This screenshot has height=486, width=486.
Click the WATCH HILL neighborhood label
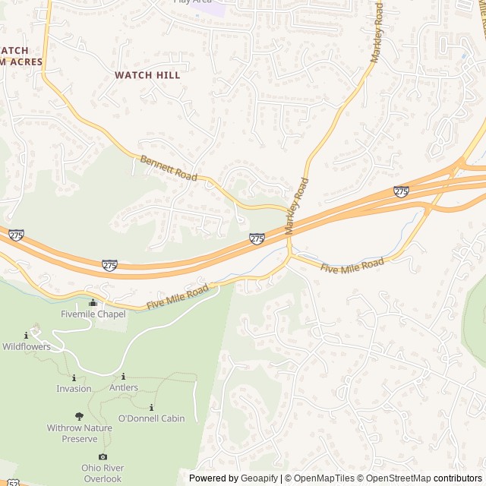[147, 75]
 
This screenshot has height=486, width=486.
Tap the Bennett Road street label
[169, 168]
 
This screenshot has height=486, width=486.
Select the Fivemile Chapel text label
[93, 314]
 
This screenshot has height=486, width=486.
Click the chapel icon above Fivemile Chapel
[93, 303]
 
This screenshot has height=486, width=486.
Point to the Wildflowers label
[27, 346]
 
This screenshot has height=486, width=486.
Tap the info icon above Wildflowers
[27, 336]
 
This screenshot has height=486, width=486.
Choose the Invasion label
[74, 389]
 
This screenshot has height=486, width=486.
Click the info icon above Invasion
[74, 377]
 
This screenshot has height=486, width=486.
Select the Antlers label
[124, 387]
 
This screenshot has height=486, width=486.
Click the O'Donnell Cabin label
[152, 418]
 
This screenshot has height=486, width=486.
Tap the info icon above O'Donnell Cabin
[152, 407]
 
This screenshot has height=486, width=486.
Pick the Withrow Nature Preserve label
[79, 434]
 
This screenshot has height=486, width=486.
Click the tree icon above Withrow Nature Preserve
[79, 416]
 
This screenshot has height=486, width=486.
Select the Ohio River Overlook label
[103, 473]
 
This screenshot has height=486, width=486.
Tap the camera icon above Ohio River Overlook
[103, 456]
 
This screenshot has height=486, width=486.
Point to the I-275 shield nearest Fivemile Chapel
[110, 265]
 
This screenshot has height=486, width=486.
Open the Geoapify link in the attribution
[259, 478]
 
